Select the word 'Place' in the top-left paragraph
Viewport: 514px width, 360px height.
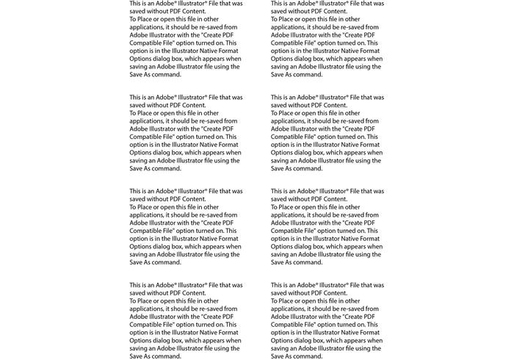coord(145,19)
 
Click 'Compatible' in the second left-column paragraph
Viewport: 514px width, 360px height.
coord(146,137)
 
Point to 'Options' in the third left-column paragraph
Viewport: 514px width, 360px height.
coord(141,247)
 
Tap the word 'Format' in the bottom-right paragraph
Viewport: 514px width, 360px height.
coord(369,333)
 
